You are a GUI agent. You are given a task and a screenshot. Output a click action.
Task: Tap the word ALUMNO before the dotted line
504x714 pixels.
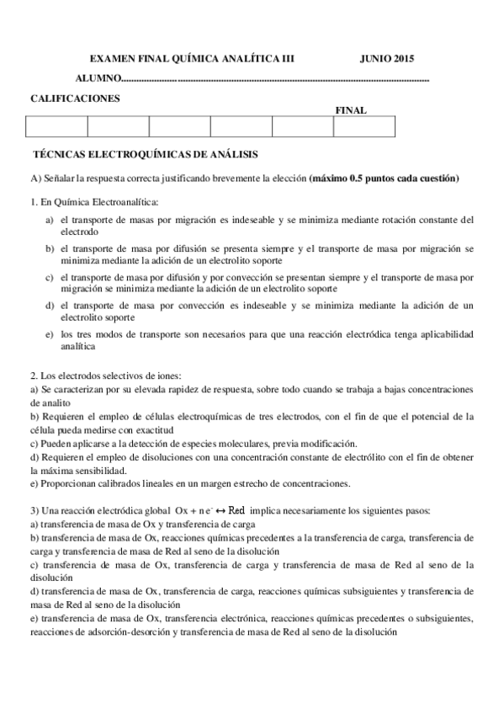98,78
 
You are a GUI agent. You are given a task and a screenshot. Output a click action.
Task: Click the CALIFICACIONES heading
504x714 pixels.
75,99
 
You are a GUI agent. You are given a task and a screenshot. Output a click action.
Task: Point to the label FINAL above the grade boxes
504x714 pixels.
351,110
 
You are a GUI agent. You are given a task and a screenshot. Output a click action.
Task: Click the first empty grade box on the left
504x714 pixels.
57,126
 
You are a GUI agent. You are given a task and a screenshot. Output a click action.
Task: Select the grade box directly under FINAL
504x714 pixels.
363,126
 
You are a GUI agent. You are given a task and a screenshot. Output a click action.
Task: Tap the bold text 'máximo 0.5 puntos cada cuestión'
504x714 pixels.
385,178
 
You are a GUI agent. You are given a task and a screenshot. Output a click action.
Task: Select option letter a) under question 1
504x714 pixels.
50,220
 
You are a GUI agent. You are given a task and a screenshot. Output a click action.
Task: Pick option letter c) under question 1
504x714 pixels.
50,276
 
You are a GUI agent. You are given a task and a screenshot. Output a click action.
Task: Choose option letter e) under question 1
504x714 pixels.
50,334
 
